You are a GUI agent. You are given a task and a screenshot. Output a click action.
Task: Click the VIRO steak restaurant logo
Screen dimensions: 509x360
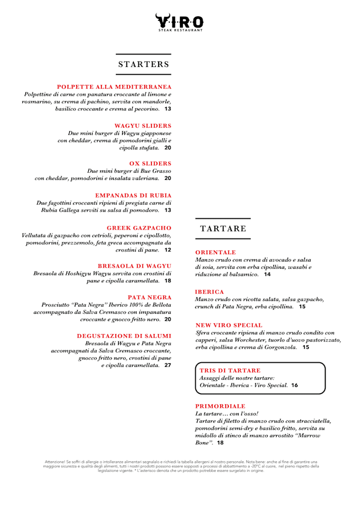[x=179, y=22]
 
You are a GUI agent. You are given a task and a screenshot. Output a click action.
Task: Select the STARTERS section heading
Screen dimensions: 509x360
[x=143, y=64]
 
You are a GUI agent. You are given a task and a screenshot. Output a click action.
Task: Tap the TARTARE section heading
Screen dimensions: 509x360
[x=223, y=228]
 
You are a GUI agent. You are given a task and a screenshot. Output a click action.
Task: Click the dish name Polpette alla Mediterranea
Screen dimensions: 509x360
[x=114, y=87]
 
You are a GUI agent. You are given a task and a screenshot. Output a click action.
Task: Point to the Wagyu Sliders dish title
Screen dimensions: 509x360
[x=143, y=125]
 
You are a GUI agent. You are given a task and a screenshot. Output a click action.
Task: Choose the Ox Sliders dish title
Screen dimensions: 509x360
[x=150, y=164]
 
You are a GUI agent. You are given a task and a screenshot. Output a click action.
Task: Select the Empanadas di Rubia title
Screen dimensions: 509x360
[x=133, y=195]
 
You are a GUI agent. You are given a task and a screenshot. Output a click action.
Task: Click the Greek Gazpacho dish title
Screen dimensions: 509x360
[x=139, y=228]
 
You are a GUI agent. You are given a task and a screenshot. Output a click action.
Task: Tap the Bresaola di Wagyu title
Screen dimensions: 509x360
[x=134, y=265]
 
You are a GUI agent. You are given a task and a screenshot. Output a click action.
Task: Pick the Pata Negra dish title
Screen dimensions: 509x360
[x=149, y=297]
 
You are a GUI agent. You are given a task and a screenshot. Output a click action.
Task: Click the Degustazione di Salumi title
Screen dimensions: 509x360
[x=124, y=336]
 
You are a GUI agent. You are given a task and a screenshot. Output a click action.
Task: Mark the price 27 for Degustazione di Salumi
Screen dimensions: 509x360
[x=168, y=365]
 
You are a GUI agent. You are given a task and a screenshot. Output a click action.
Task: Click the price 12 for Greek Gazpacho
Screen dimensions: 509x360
[x=168, y=250]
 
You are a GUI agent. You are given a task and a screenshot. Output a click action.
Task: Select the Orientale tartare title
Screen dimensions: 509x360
[x=215, y=253]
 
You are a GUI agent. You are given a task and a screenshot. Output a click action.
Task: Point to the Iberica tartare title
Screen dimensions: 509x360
[x=209, y=292]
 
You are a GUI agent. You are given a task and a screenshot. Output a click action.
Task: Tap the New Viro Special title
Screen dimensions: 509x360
[x=229, y=325]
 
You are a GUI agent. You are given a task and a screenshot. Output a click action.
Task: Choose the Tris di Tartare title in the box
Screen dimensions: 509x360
[x=230, y=371]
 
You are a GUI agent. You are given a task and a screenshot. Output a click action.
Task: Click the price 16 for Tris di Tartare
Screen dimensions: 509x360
[x=295, y=385]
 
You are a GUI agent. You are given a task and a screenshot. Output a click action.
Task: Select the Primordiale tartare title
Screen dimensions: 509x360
[x=220, y=406]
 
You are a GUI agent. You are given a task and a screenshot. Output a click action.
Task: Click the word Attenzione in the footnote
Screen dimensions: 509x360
[x=56, y=462]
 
